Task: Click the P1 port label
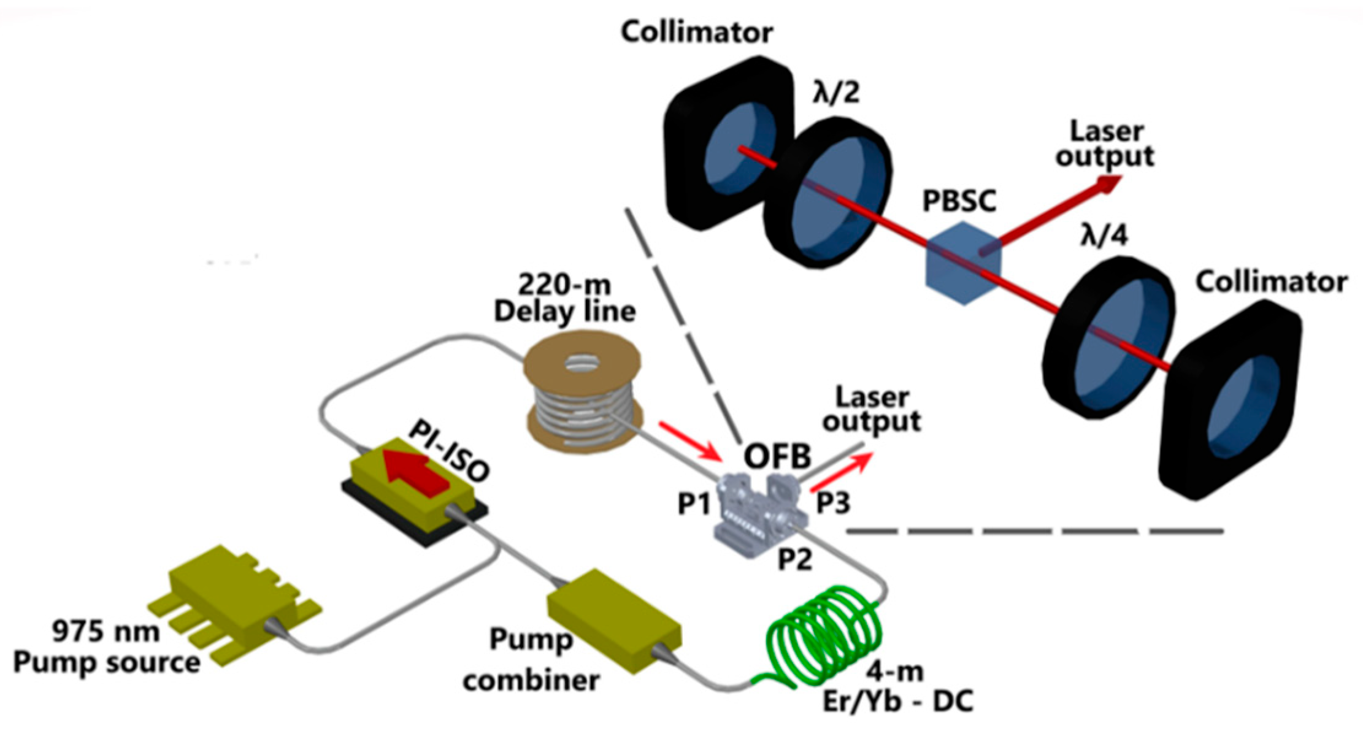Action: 694,504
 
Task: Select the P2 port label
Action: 795,559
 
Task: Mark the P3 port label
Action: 833,503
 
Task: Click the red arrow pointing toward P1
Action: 690,441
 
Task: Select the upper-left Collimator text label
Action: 696,32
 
